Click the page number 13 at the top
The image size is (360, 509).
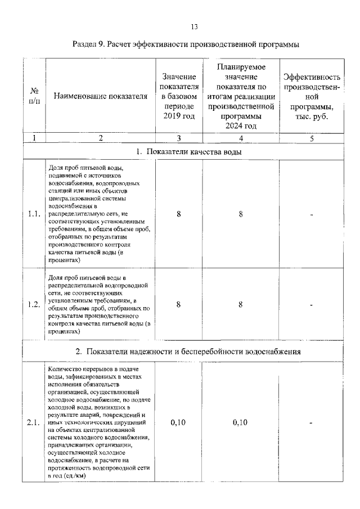(x=195, y=26)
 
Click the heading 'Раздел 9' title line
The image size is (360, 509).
(x=186, y=44)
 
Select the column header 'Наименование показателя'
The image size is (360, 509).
(x=101, y=96)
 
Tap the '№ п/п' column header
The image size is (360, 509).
(x=34, y=96)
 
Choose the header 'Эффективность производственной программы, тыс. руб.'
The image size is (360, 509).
(x=312, y=96)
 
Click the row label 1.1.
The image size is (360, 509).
(x=34, y=214)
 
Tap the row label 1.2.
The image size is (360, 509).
(x=34, y=304)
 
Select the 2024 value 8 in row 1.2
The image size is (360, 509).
(x=240, y=304)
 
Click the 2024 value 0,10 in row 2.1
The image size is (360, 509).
(x=240, y=424)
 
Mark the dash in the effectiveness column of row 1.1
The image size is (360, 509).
(x=311, y=214)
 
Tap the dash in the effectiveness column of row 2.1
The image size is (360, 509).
(x=311, y=424)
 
